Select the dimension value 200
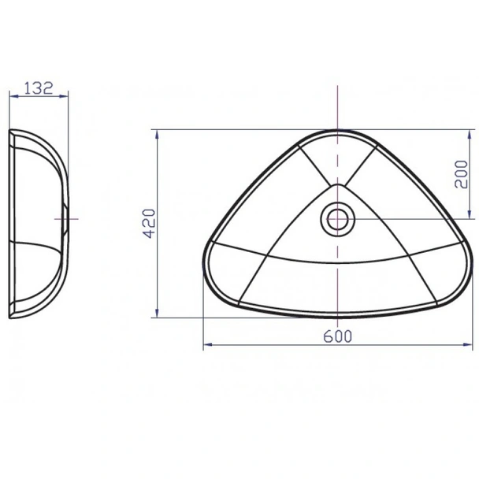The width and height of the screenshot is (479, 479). point(462,173)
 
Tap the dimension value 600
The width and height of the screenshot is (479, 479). point(337,336)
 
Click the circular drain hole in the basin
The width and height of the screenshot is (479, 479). point(337,218)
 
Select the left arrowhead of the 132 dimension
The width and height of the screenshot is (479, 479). point(11,96)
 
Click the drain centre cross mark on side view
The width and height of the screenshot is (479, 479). point(66,217)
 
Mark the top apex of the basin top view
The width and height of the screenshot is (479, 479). point(337,131)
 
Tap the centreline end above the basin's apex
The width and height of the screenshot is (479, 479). point(337,85)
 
